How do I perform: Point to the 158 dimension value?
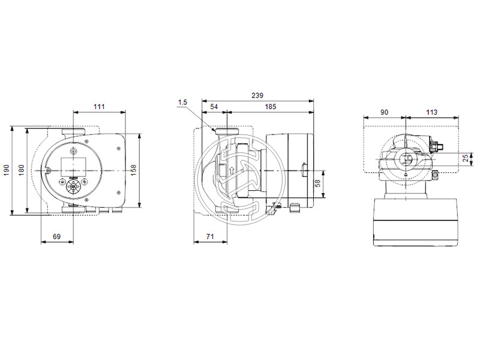tap(134, 170)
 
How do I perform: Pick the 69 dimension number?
tap(56, 237)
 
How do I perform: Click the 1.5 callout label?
tap(182, 103)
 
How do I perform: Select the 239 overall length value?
tap(257, 96)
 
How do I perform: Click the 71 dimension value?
tap(210, 237)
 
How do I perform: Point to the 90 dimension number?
tap(384, 112)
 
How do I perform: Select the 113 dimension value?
tap(431, 112)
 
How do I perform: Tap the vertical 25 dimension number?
tap(466, 158)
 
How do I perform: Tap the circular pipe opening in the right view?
tap(406, 159)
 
